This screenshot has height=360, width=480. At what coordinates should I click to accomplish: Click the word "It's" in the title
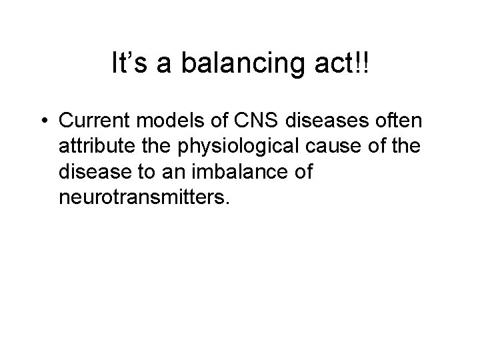tap(127, 65)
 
